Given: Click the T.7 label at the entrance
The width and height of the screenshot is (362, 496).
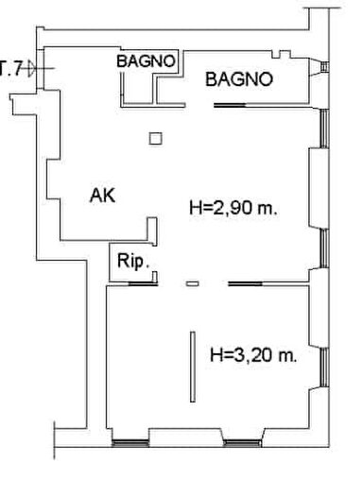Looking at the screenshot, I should point(11,68).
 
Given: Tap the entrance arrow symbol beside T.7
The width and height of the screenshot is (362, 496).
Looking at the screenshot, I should point(32,68).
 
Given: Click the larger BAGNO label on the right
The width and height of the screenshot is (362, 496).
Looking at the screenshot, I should point(240,80).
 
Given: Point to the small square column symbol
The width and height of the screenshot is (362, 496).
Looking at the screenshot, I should point(156,140).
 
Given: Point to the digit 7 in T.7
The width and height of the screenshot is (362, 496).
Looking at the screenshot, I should point(18,68).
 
